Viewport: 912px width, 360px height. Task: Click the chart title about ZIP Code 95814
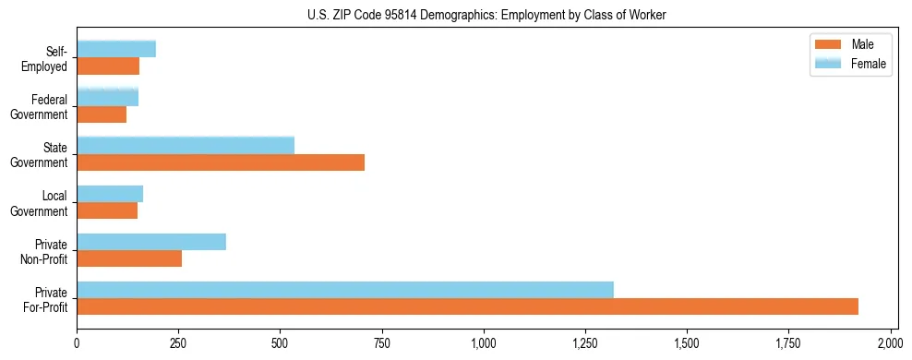(x=486, y=15)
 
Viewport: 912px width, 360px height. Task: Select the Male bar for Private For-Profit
(x=467, y=306)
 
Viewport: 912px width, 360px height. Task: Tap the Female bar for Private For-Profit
(x=345, y=289)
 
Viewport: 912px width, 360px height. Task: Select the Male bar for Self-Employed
(x=108, y=66)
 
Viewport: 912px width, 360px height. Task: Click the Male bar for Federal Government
(x=102, y=114)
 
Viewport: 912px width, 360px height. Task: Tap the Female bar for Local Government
(x=110, y=193)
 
